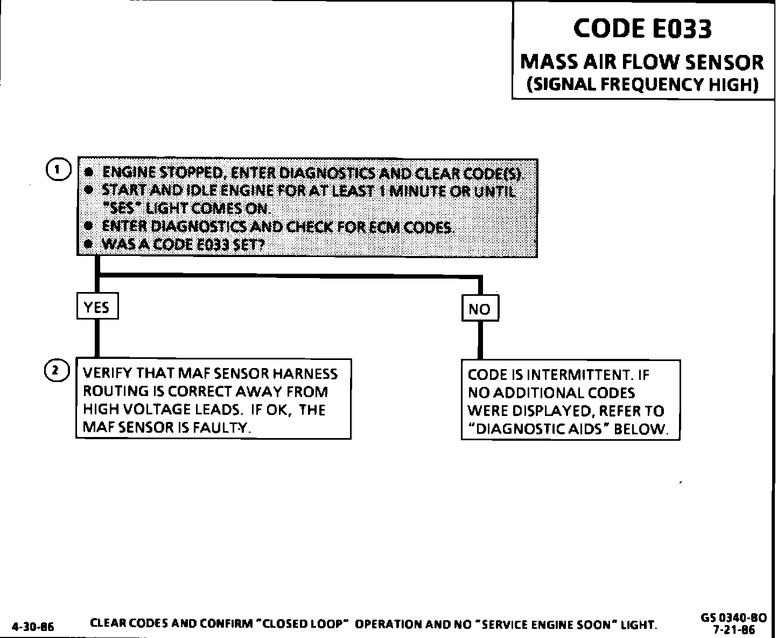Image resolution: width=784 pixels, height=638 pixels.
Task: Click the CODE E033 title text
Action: click(x=642, y=28)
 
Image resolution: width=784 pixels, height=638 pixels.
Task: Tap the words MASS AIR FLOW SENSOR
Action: click(x=642, y=62)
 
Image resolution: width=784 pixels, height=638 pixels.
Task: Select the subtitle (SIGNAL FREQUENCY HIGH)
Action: click(x=642, y=85)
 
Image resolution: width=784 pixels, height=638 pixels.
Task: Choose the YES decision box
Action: click(x=97, y=307)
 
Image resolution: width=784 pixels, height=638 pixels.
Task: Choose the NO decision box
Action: click(x=480, y=309)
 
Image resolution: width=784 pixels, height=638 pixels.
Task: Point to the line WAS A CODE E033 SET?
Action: click(x=183, y=244)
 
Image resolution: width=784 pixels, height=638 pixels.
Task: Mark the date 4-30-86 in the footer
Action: click(x=32, y=627)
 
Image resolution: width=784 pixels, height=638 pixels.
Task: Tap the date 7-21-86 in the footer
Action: click(x=733, y=629)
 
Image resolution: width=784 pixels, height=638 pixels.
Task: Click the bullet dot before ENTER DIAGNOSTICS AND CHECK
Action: click(x=90, y=227)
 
